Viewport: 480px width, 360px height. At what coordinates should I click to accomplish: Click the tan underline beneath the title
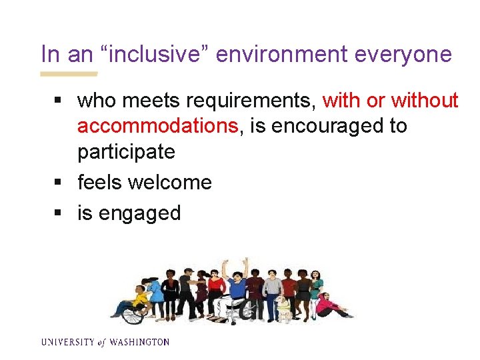[69, 73]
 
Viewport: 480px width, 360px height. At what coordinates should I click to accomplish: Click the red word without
[425, 101]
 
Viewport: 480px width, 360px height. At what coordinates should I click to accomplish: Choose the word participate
[126, 151]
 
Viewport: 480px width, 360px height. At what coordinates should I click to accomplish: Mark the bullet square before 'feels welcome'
[59, 183]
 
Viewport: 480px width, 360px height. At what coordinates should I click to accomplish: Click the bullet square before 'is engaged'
[59, 213]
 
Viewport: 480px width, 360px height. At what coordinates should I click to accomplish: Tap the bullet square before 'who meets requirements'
[59, 101]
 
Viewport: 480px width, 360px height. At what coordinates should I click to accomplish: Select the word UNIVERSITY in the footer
[67, 342]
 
